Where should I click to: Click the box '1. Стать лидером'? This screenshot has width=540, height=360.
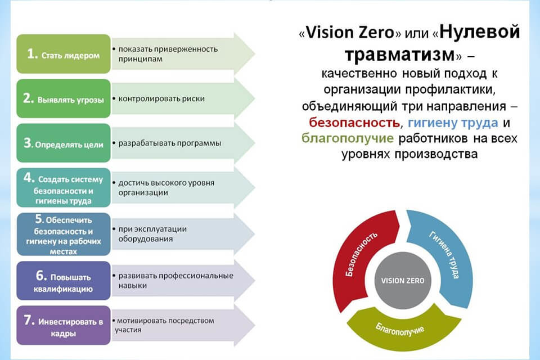64,54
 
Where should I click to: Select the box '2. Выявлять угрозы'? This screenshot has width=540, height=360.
64,98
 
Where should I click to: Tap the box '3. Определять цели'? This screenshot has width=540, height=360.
64,143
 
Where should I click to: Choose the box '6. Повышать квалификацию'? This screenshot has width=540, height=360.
64,281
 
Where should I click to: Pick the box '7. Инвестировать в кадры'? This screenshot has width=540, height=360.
64,325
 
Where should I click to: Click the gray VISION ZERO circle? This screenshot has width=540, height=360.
403,281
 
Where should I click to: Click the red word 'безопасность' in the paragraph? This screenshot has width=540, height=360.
354,122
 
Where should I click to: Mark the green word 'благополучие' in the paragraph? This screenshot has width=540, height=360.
348,138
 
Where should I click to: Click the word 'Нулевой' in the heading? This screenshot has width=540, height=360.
480,32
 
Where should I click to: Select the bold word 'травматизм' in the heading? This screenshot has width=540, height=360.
400,55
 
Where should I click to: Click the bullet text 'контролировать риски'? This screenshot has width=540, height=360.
161,99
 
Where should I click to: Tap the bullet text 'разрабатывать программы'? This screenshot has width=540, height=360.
170,143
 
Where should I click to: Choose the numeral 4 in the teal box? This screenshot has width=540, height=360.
29,178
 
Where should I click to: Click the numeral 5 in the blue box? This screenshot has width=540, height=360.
39,219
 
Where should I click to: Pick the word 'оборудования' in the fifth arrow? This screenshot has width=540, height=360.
145,239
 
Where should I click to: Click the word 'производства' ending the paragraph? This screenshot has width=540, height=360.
436,154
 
